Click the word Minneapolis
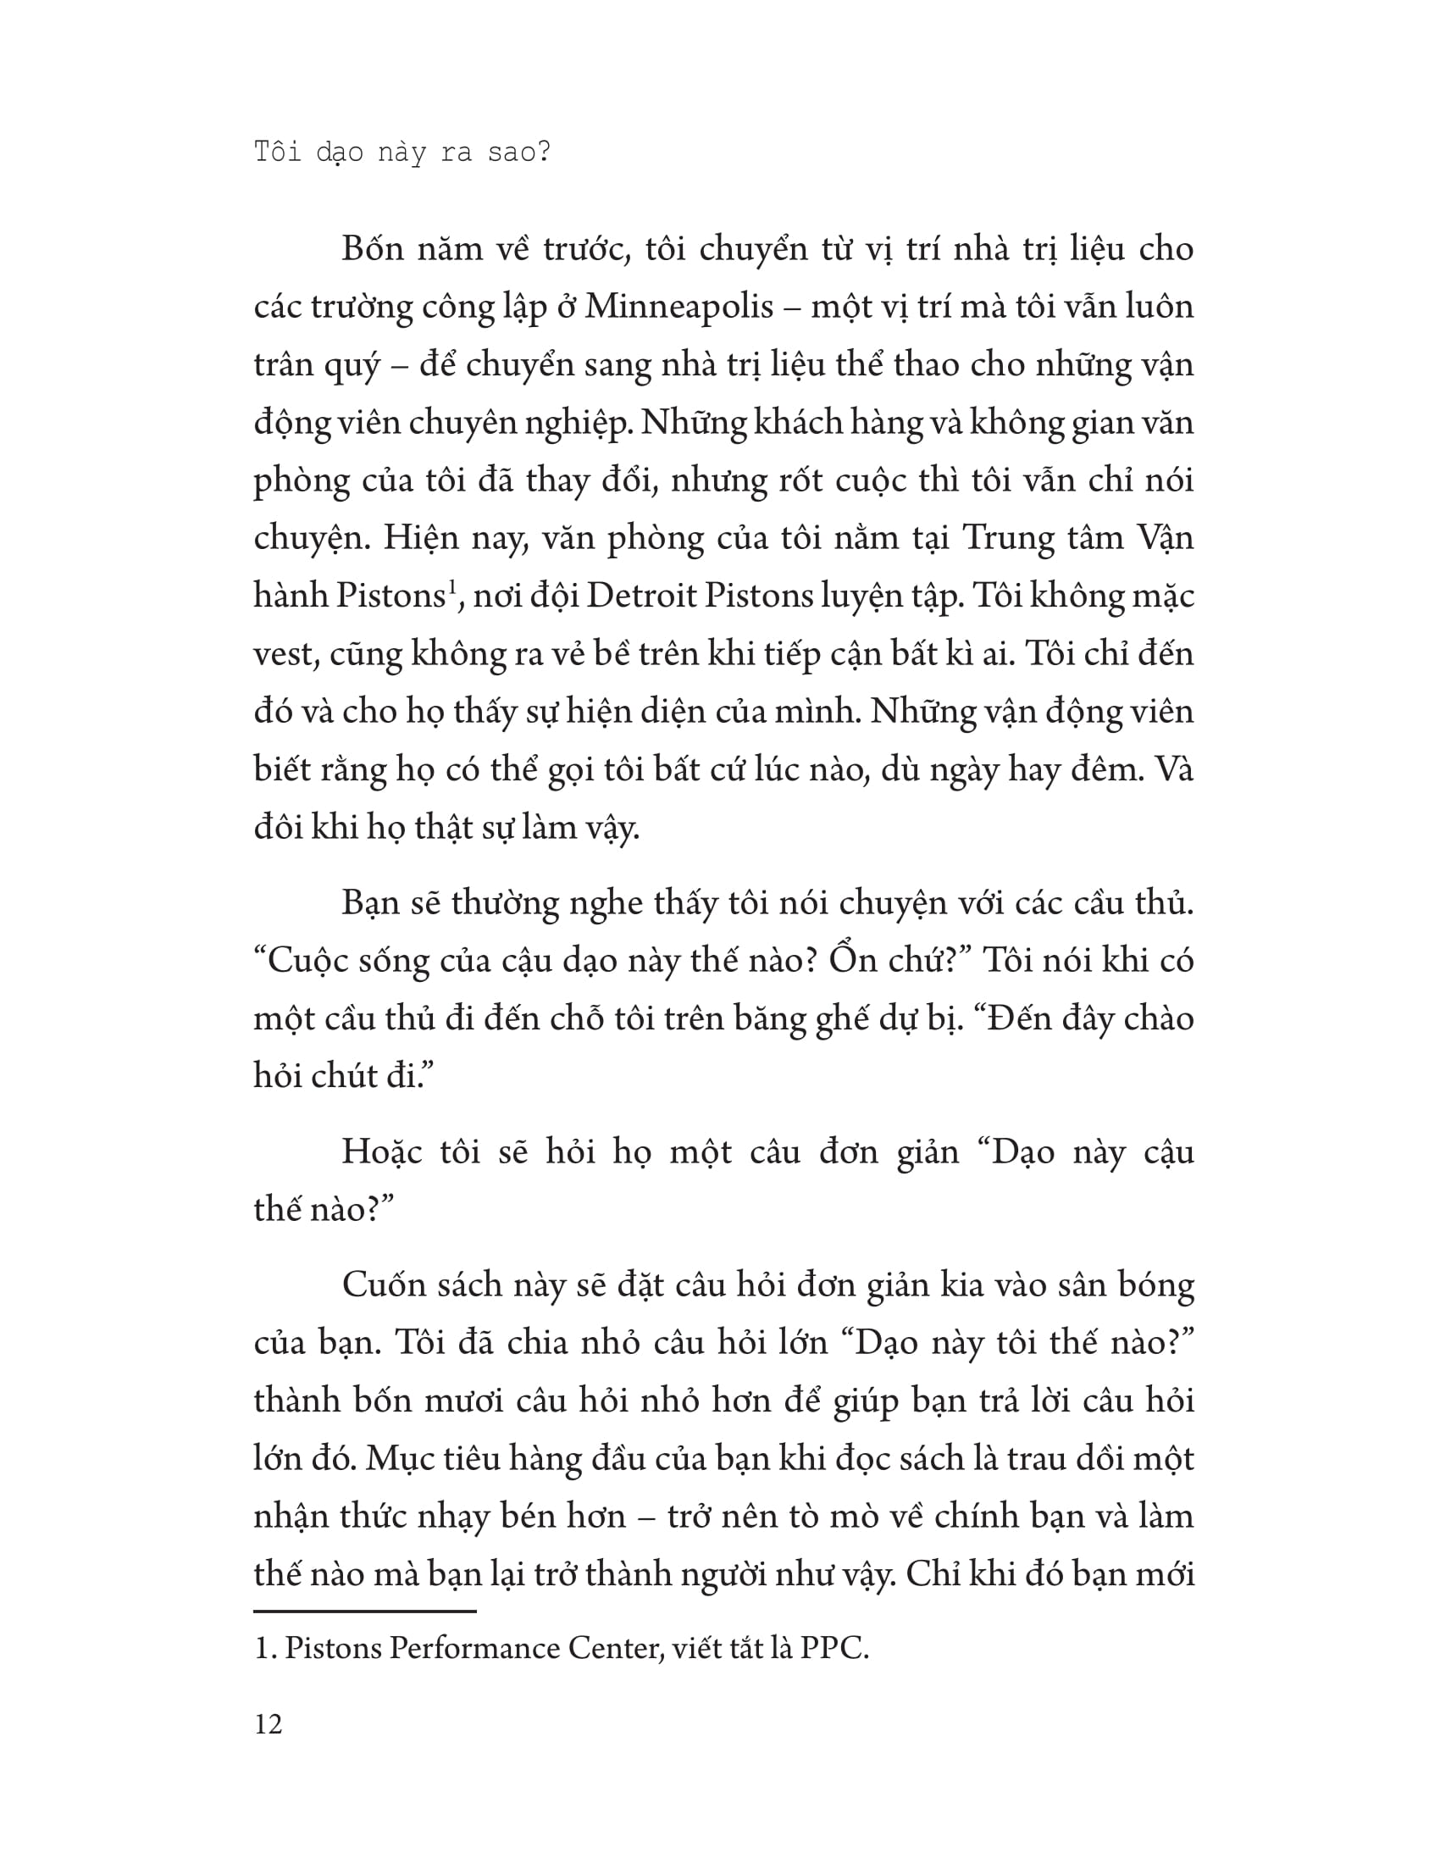pyautogui.click(x=678, y=308)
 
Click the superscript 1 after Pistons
pyautogui.click(x=452, y=586)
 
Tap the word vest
pyautogui.click(x=285, y=655)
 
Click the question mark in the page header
pyautogui.click(x=544, y=153)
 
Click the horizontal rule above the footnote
pyautogui.click(x=364, y=1612)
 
